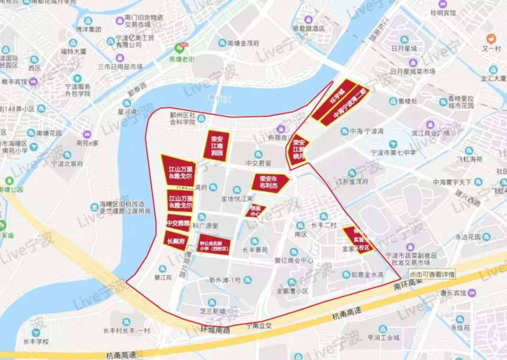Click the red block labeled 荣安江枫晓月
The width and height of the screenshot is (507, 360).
(x=299, y=149)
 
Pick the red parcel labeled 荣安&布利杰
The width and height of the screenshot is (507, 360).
(x=270, y=183)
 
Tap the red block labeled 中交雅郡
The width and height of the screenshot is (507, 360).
(x=177, y=223)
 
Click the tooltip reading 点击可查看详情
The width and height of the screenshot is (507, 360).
(x=432, y=274)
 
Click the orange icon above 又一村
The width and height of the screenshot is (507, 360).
(x=491, y=38)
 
